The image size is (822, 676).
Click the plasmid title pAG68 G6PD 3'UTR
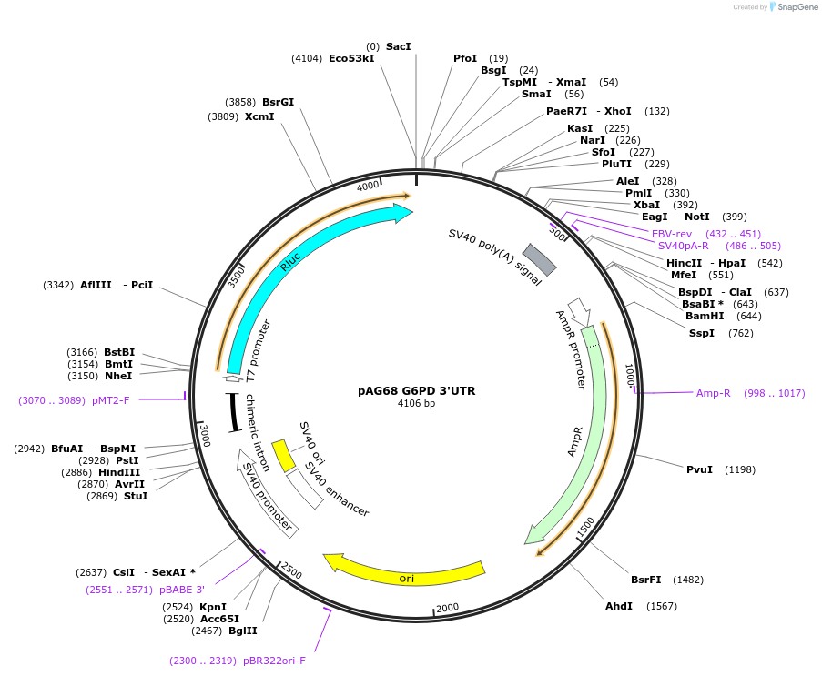pos(416,390)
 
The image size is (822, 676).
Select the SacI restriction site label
pos(398,45)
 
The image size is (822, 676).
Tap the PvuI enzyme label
pos(699,469)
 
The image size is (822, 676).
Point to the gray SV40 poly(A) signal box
pos(539,259)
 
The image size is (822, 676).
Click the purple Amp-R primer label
pos(713,393)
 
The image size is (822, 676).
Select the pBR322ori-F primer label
pos(274,661)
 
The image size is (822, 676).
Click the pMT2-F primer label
pos(111,399)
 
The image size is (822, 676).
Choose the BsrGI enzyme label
pos(278,102)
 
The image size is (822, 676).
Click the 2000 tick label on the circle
pos(447,608)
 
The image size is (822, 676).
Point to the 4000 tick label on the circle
pos(368,187)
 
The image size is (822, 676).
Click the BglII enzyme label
pos(242,631)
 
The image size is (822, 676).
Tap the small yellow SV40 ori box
pos(285,456)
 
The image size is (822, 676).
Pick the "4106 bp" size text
pos(416,403)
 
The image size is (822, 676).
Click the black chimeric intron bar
pos(233,411)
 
